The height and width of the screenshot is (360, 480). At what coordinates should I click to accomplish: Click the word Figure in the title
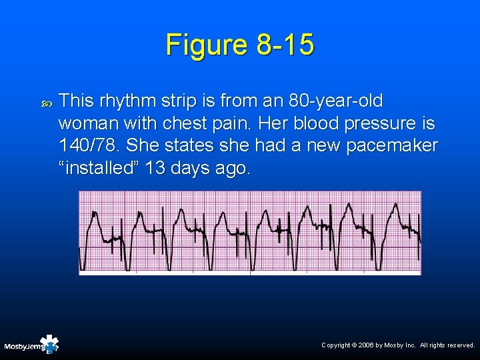(x=207, y=45)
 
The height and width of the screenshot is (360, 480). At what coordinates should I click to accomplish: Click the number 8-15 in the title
(x=285, y=45)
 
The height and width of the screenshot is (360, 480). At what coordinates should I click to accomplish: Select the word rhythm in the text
(x=126, y=101)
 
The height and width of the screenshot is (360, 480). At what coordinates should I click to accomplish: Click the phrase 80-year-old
(x=336, y=101)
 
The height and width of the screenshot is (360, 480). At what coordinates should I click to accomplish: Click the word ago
(x=229, y=167)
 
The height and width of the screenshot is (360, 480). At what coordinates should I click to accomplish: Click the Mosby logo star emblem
(x=49, y=344)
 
